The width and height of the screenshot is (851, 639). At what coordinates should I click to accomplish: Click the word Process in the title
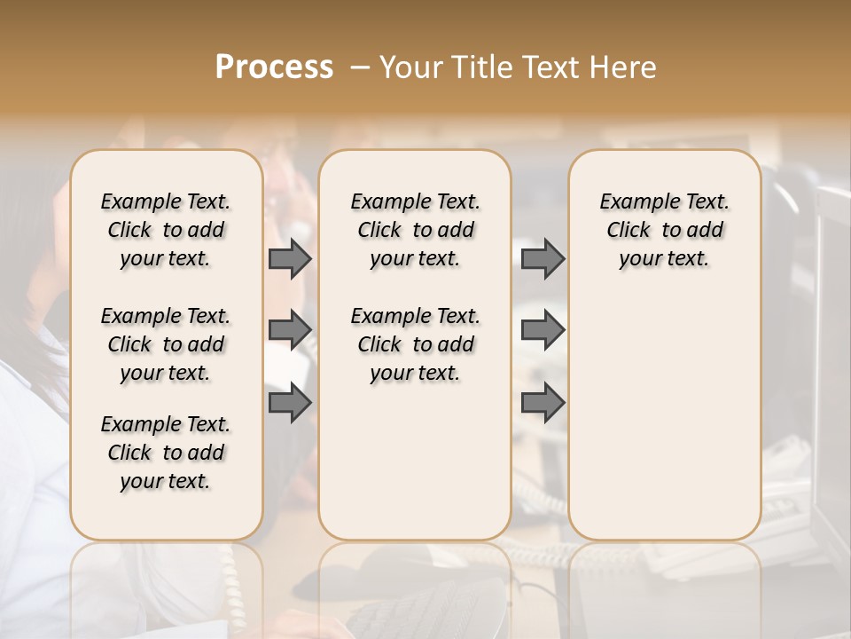[x=274, y=67]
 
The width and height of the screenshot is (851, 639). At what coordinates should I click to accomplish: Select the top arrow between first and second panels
[x=290, y=259]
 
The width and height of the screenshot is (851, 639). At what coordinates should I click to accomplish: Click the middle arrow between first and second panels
[x=290, y=331]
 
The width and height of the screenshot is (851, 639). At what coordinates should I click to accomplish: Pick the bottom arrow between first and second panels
[x=290, y=403]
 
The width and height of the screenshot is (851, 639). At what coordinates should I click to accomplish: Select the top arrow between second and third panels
[x=543, y=259]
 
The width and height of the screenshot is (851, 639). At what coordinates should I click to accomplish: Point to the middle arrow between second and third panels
[x=543, y=331]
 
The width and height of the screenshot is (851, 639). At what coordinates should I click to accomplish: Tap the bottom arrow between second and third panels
[x=543, y=403]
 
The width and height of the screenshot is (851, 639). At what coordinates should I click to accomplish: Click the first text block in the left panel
[x=166, y=230]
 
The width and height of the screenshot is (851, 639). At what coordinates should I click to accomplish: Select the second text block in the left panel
[x=166, y=344]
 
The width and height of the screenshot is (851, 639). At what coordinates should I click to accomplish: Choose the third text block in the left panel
[x=166, y=453]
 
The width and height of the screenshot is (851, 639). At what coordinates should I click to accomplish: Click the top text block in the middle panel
[x=416, y=230]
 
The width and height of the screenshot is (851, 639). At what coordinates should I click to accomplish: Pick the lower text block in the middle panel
[x=416, y=344]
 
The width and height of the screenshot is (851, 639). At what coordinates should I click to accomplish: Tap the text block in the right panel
[x=665, y=230]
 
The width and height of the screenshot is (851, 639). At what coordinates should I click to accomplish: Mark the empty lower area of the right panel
[x=665, y=417]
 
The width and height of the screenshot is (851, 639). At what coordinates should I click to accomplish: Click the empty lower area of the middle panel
[x=416, y=461]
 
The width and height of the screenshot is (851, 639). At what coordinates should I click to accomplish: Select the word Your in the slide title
[x=411, y=67]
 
